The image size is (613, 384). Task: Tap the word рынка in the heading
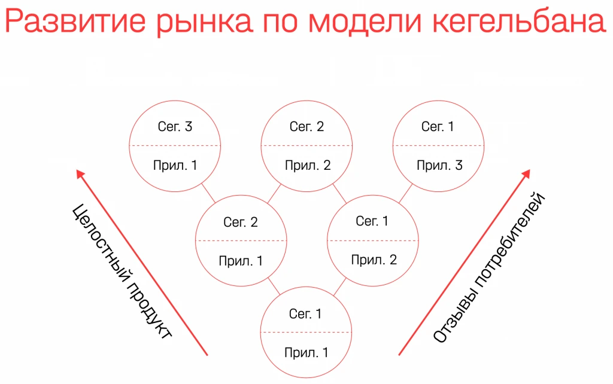[204, 24]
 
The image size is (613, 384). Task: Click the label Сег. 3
[175, 127]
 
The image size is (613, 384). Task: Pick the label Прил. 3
[439, 165]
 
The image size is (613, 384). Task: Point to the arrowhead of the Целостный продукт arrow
[80, 174]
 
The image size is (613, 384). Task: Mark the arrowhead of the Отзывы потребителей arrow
[526, 174]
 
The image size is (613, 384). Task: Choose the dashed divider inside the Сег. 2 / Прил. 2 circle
[306, 146]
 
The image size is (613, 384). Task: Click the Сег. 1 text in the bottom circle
[305, 313]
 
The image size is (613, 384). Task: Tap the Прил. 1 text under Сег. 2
[241, 261]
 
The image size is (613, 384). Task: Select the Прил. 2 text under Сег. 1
[374, 260]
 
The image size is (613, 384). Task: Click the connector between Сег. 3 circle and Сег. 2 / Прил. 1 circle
[208, 193]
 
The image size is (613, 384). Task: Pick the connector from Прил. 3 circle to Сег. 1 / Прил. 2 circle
[405, 193]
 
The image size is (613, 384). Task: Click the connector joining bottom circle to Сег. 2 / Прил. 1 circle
[274, 286]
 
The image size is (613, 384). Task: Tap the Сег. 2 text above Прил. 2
[306, 127]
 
